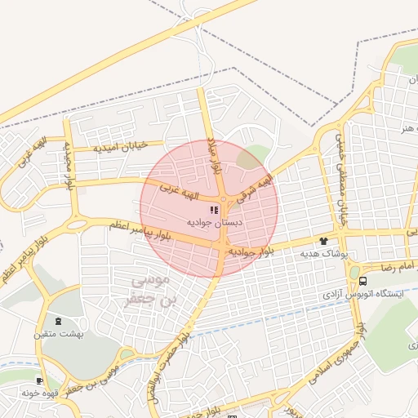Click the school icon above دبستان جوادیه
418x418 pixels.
coord(214,210)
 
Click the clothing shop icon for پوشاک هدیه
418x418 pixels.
coord(323,242)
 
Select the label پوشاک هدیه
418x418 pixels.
coord(324,254)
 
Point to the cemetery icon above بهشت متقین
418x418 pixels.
coord(57,322)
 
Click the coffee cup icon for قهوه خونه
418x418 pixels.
coord(39,381)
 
